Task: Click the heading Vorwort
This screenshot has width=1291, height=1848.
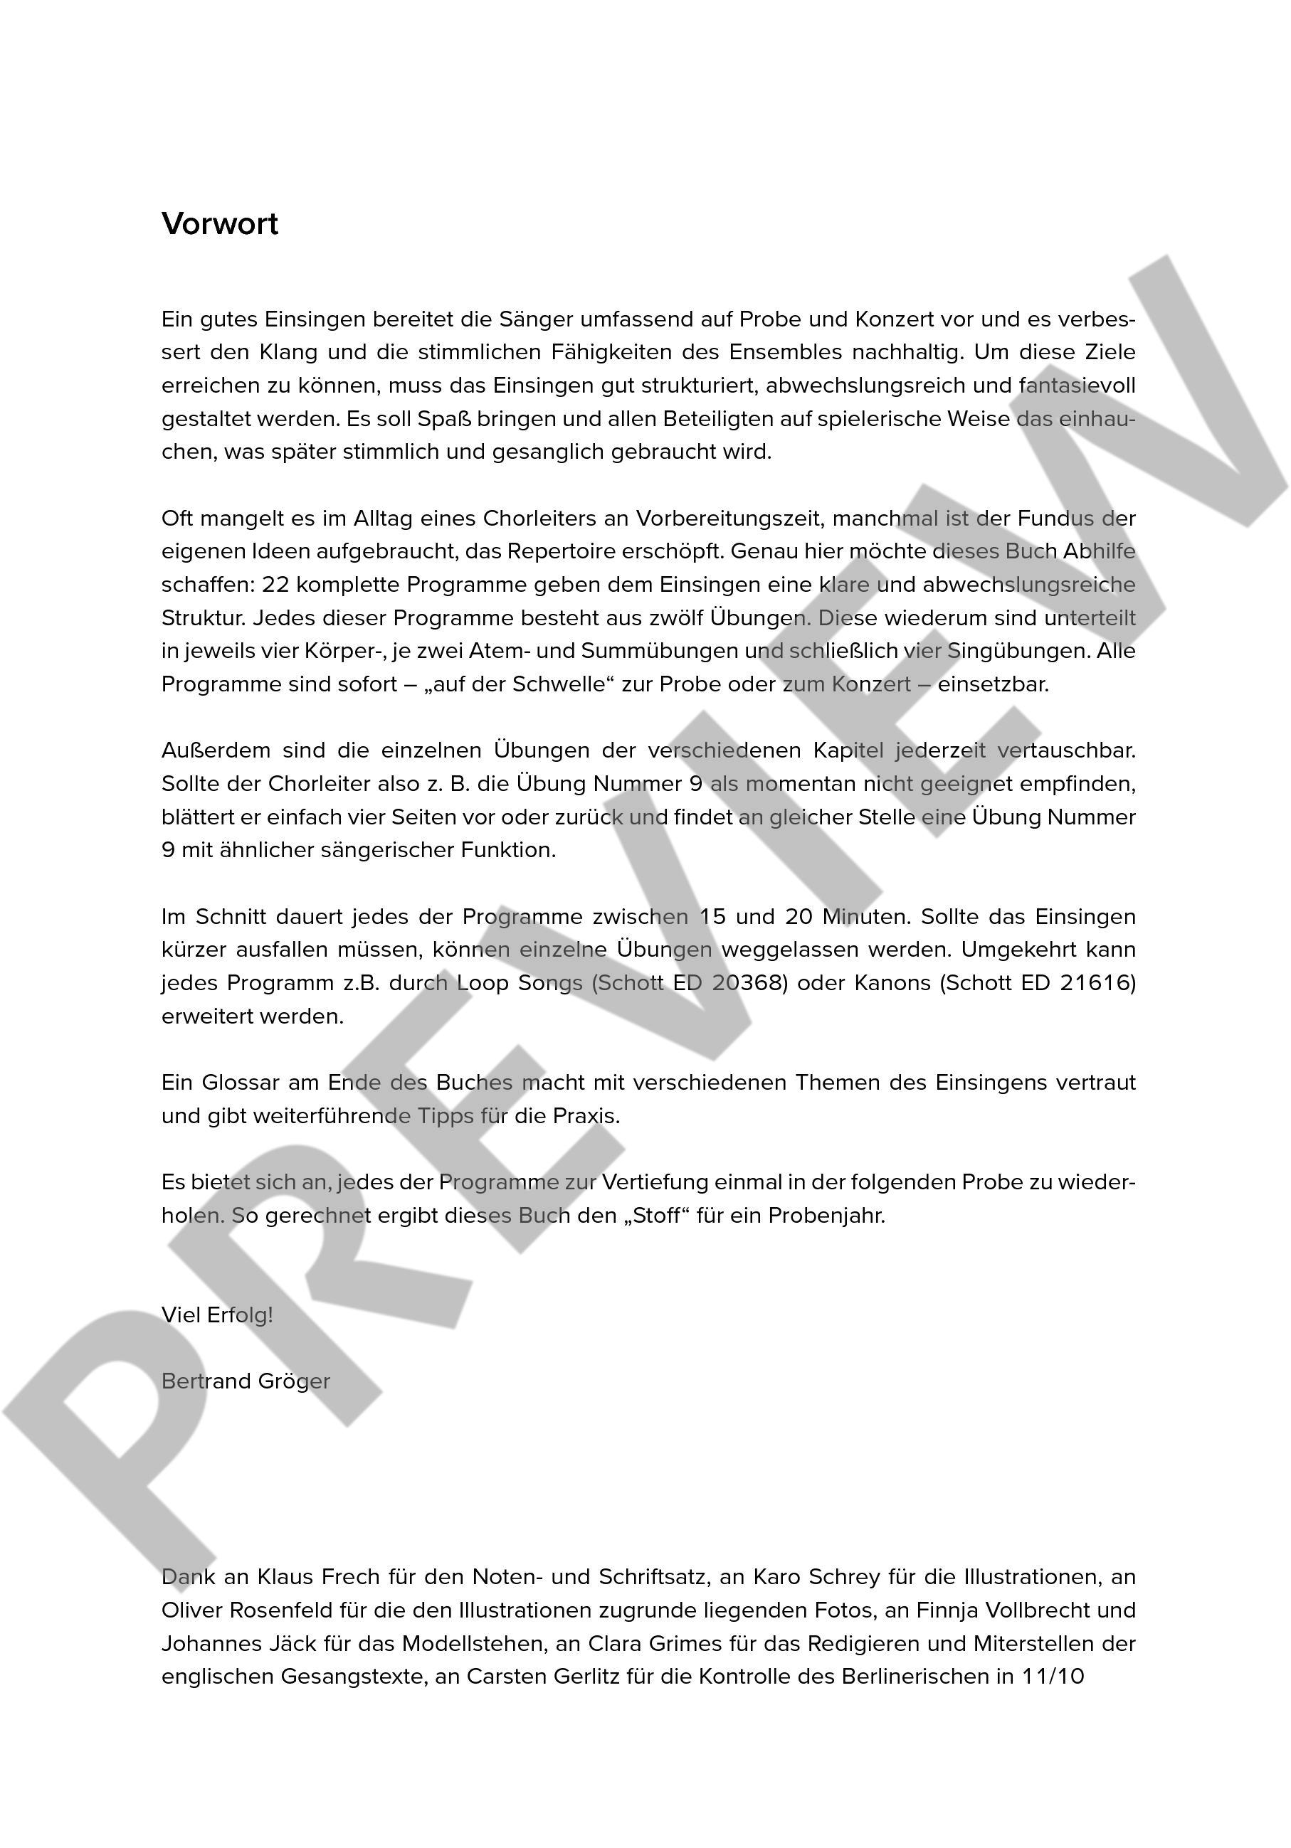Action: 219,224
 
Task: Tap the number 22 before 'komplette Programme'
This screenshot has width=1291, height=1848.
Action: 276,585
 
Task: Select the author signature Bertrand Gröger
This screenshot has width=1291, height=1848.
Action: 246,1382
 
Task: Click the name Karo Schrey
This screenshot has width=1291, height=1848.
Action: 816,1577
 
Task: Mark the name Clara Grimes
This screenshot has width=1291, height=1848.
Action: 653,1644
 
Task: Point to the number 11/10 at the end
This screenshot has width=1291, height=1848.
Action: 1053,1677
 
